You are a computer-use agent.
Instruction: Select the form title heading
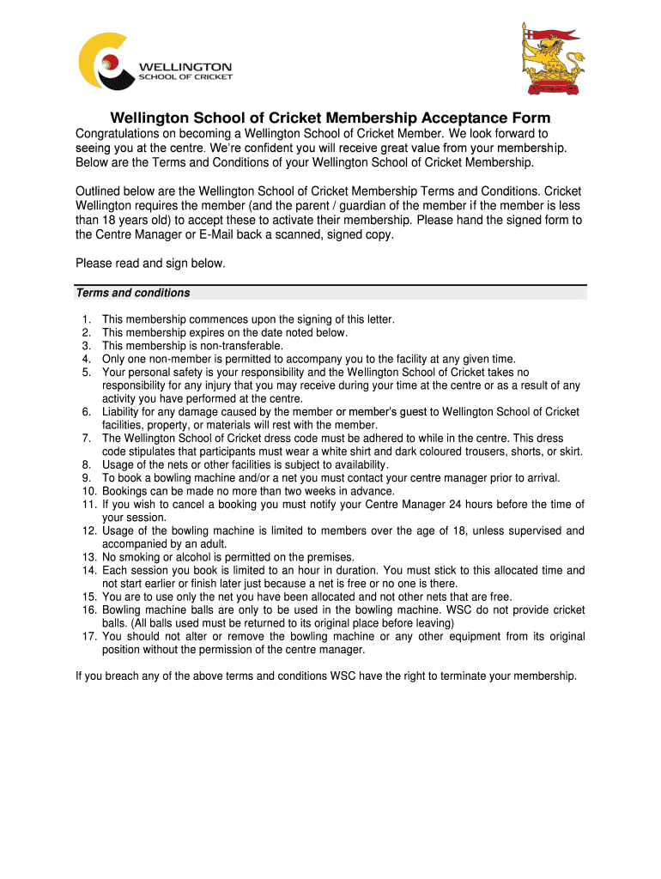(330, 118)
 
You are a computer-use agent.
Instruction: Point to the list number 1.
(87, 319)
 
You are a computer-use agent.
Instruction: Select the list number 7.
(87, 439)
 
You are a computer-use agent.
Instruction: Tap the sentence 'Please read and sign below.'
(150, 264)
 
